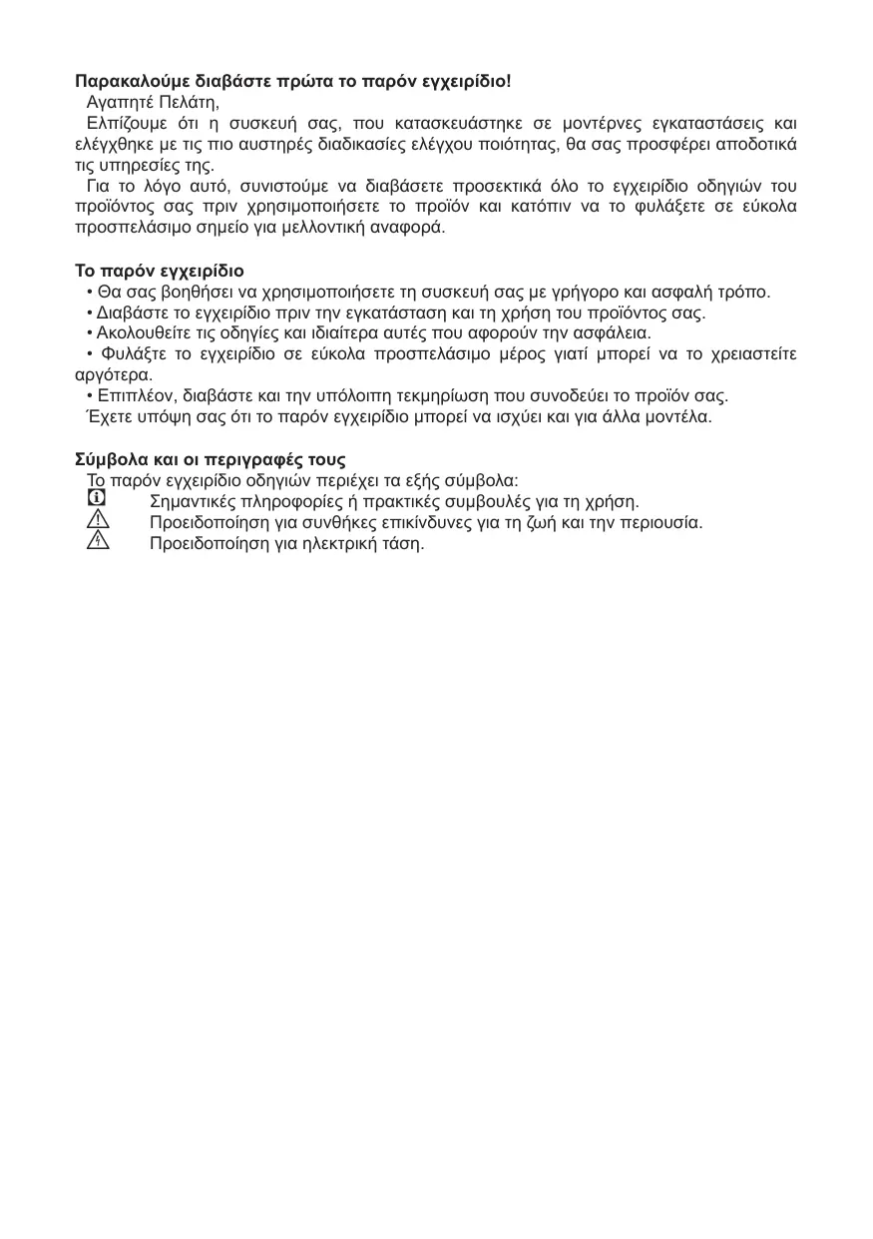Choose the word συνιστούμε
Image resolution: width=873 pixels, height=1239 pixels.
point(277,186)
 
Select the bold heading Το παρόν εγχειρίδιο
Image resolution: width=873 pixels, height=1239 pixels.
point(160,271)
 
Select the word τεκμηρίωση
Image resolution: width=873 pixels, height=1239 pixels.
point(454,395)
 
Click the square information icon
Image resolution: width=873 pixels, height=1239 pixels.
point(97,498)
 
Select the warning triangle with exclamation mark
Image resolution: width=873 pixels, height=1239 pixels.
point(97,520)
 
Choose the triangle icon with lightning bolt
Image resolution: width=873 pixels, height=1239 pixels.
point(97,542)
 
